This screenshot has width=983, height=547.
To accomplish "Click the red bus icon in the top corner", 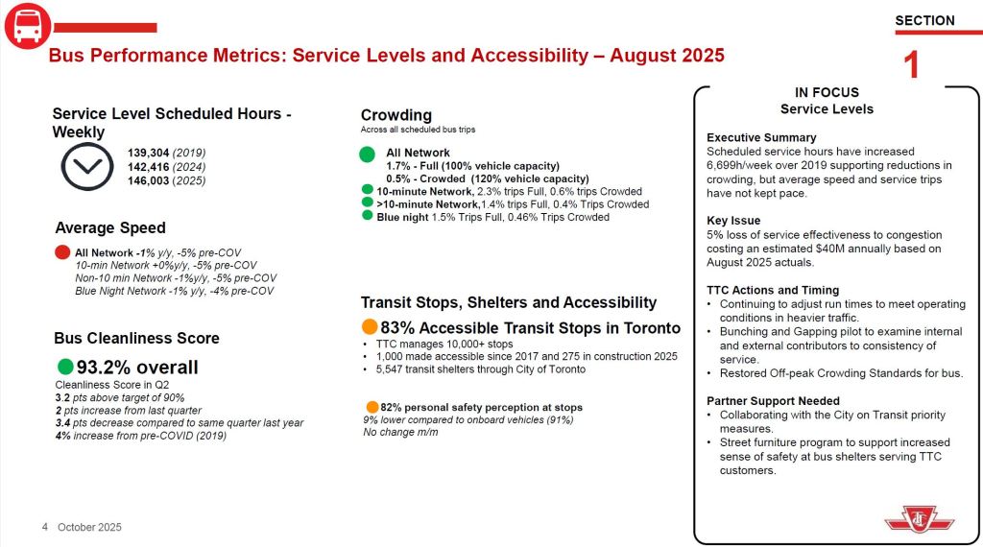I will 27,25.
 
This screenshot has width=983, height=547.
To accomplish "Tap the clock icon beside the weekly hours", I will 87,168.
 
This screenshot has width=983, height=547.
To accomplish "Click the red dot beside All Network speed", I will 63,252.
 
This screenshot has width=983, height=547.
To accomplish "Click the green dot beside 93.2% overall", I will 65,367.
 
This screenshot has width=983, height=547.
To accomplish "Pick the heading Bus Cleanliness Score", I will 137,338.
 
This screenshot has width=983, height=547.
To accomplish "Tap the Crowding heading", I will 396,115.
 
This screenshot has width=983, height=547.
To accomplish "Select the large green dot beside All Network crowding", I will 367,154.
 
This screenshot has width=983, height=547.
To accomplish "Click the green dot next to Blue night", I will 368,216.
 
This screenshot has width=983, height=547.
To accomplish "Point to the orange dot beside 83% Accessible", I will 370,327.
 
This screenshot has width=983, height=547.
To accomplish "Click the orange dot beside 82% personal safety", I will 372,407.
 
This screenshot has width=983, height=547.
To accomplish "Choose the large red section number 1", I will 912,64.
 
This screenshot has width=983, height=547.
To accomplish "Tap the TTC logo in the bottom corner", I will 919,519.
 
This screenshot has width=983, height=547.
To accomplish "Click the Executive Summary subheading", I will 761,137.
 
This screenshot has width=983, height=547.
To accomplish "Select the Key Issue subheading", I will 733,221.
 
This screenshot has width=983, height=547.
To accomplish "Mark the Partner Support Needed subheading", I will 773,401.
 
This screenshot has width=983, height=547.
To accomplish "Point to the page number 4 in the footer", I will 45,527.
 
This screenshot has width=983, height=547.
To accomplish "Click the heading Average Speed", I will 110,228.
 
